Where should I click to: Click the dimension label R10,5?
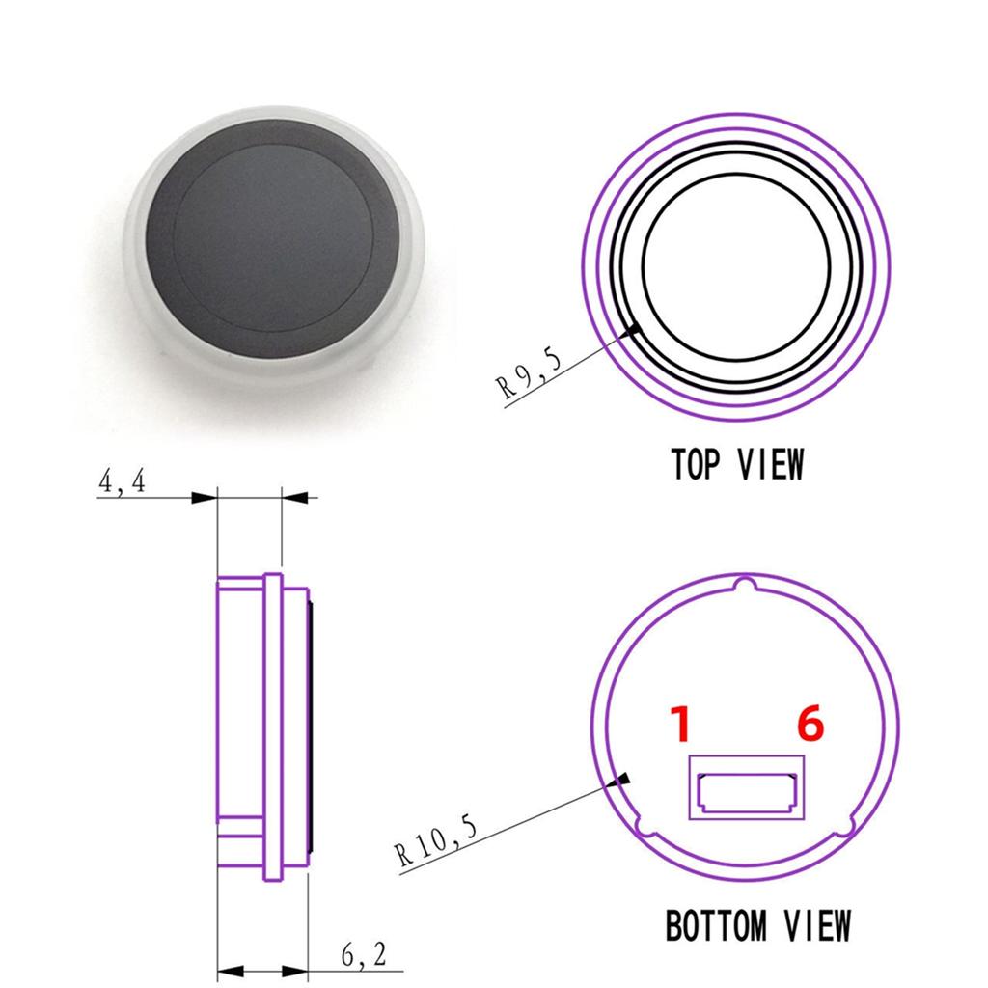(x=435, y=840)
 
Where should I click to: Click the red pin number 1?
(x=681, y=725)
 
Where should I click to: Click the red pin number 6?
(x=810, y=725)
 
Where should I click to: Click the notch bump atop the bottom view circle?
(x=744, y=583)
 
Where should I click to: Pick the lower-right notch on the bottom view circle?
(x=847, y=827)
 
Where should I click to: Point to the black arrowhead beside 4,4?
(x=205, y=498)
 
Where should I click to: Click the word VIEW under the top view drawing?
(x=769, y=464)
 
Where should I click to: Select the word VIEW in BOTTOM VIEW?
(x=815, y=926)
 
